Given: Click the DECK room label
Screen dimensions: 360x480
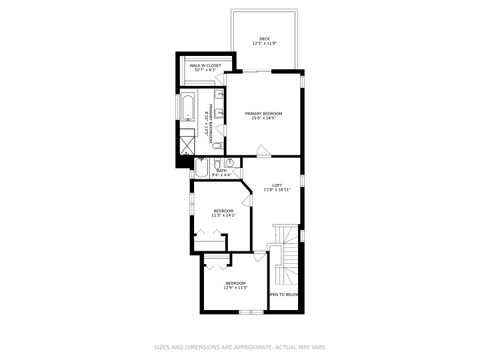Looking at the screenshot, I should point(264,39).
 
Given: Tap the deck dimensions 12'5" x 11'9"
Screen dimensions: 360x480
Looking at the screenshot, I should point(264,44).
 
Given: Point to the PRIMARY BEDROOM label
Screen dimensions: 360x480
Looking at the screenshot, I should point(264,113).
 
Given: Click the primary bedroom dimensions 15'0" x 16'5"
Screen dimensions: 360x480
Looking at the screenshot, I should point(264,119).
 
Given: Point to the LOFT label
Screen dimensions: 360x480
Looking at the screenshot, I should point(276,184).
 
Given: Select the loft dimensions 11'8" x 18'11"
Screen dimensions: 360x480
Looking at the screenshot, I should point(276,189).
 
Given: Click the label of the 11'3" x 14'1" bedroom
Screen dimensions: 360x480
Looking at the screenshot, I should point(223,210).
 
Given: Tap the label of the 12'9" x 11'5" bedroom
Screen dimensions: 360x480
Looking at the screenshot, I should point(235,283).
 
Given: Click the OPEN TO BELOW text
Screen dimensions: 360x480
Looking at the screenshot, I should point(284,294).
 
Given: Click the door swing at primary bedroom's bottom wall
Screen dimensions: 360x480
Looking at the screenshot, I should point(262,151).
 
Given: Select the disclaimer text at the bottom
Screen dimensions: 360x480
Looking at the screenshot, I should point(240,347).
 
